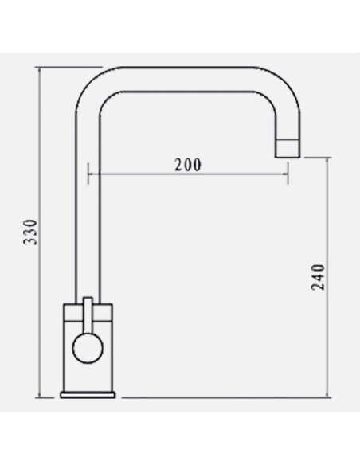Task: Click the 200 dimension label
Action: click(x=188, y=165)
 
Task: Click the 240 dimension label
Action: click(x=319, y=277)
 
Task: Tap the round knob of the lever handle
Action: click(x=88, y=348)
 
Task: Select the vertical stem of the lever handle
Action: click(x=88, y=315)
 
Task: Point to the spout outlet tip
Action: click(x=288, y=156)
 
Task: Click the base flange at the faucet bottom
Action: click(x=88, y=395)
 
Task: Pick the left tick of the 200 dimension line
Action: click(x=88, y=174)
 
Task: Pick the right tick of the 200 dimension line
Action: click(x=288, y=174)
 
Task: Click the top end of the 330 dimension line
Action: click(x=40, y=68)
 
